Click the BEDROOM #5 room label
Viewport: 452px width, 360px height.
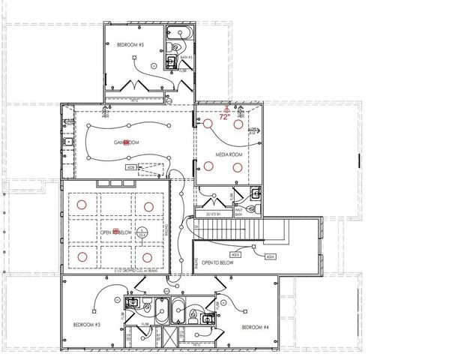click(x=130, y=46)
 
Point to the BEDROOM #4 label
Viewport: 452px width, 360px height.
click(x=256, y=328)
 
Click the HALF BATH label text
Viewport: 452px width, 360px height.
click(x=239, y=212)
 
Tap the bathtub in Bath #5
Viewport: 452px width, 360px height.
click(x=179, y=34)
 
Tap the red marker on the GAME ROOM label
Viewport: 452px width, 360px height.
click(x=126, y=142)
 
